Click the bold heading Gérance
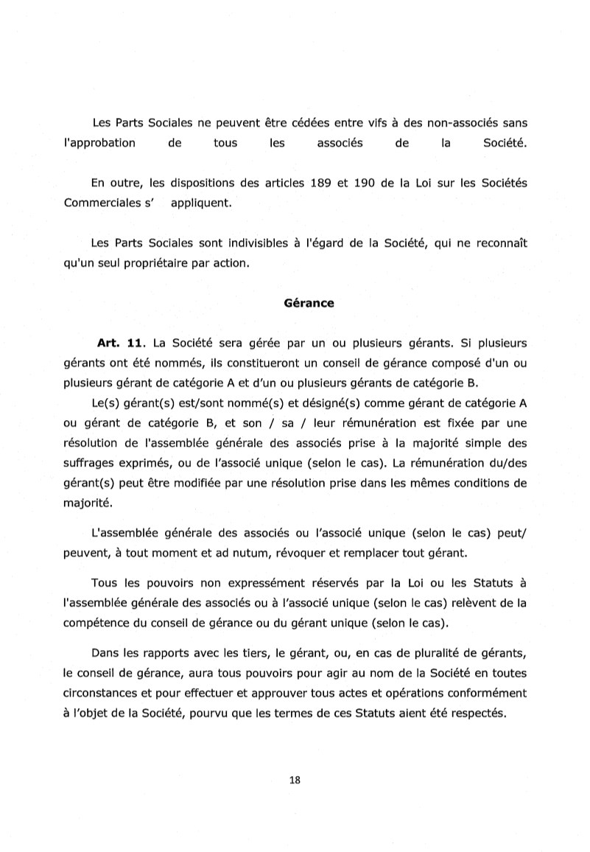[x=309, y=303]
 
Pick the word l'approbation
[x=99, y=143]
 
